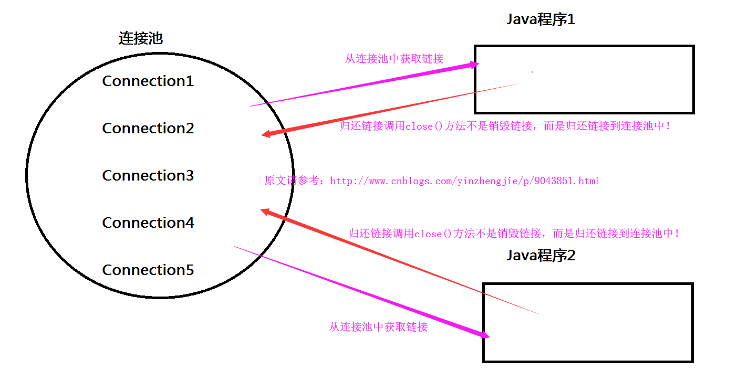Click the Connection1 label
pyautogui.click(x=148, y=81)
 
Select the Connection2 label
pyautogui.click(x=148, y=129)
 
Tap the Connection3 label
pyautogui.click(x=148, y=176)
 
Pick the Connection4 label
pyautogui.click(x=148, y=223)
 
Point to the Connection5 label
pyautogui.click(x=148, y=270)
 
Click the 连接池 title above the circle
pyautogui.click(x=140, y=38)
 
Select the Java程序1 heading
pyautogui.click(x=541, y=20)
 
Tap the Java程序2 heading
pyautogui.click(x=541, y=256)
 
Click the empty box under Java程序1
pyautogui.click(x=584, y=80)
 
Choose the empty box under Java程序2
pyautogui.click(x=588, y=323)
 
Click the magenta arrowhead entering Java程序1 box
pyautogui.click(x=475, y=65)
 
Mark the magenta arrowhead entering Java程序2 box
pyautogui.click(x=485, y=335)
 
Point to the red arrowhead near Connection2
pyautogui.click(x=266, y=134)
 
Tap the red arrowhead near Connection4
pyautogui.click(x=265, y=211)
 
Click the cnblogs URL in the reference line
pyautogui.click(x=465, y=181)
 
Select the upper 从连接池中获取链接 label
pyautogui.click(x=394, y=59)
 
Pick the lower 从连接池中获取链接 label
pyautogui.click(x=378, y=327)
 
